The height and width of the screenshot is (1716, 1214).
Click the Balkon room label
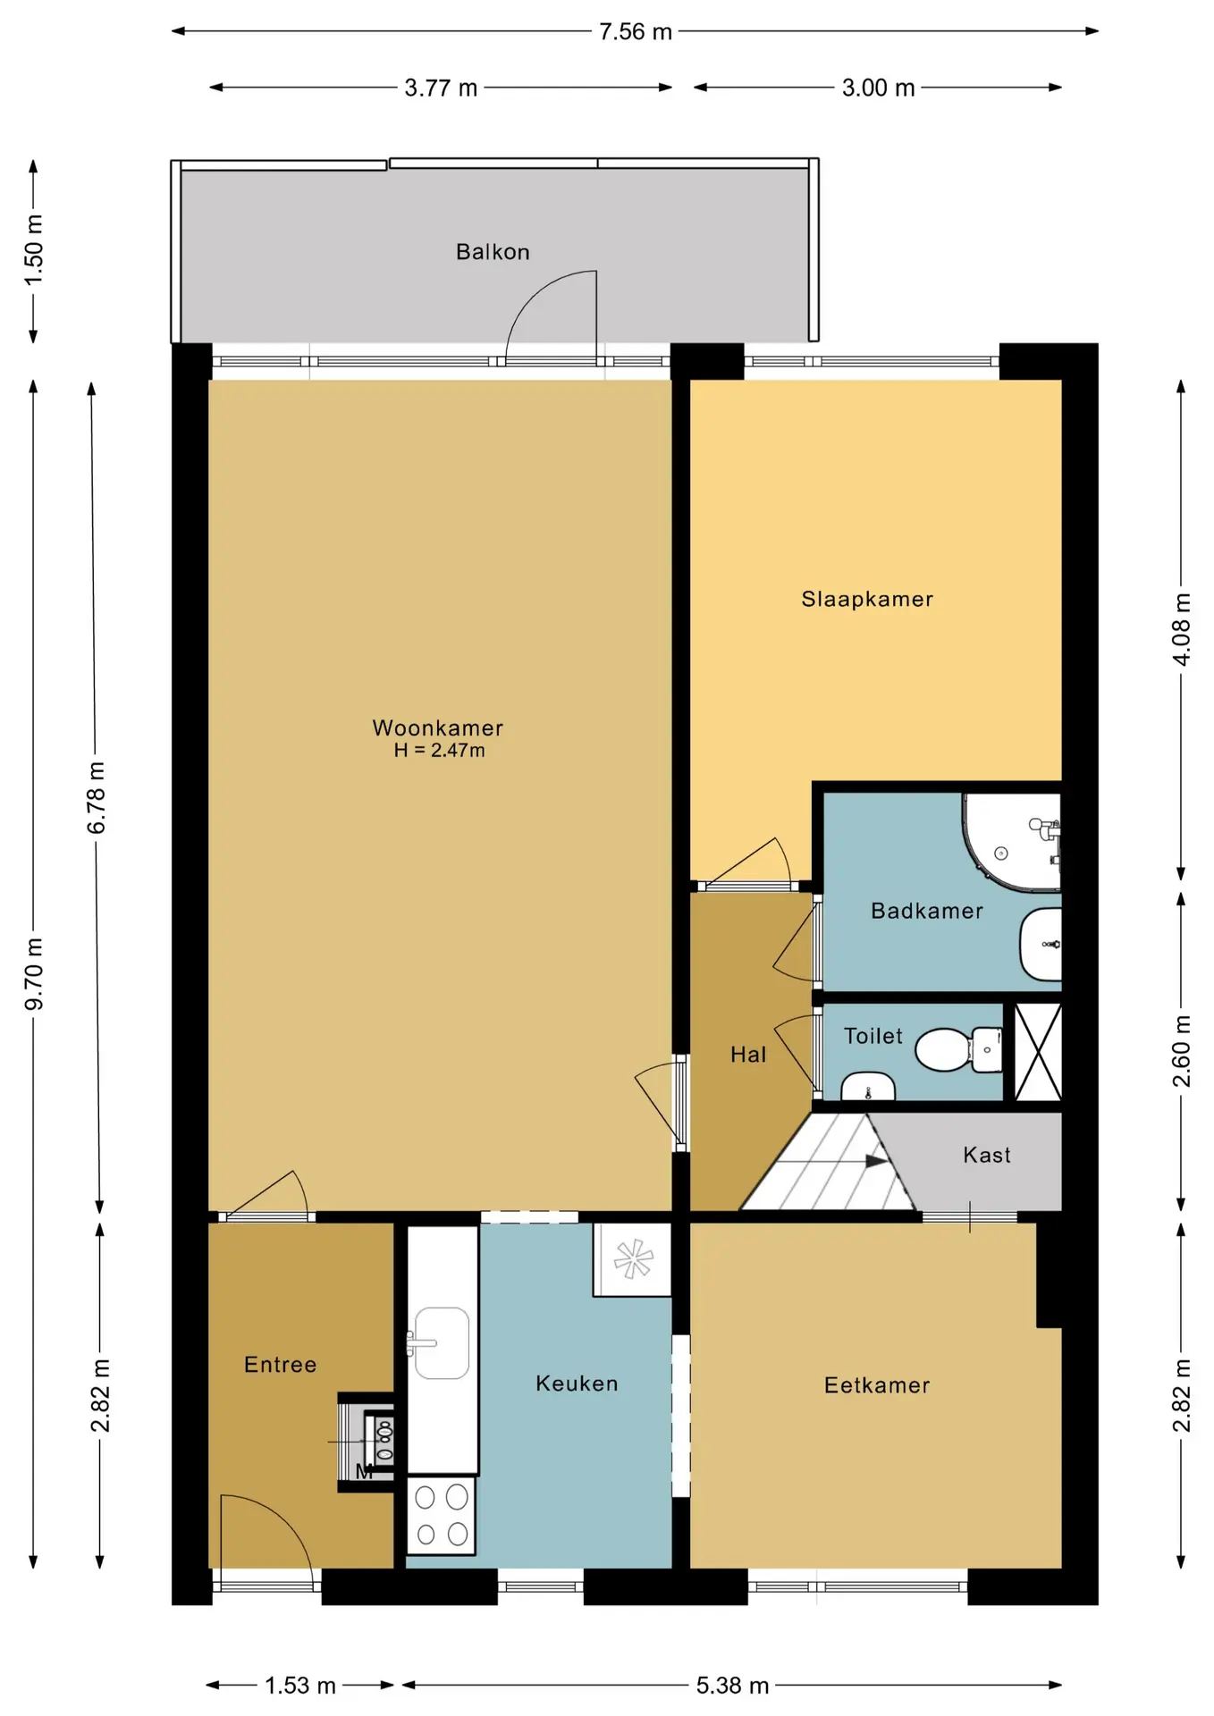coord(493,252)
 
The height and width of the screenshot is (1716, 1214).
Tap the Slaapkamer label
coord(867,599)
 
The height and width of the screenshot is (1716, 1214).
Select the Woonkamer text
coord(438,728)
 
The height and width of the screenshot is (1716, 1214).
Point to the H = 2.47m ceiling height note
coord(440,751)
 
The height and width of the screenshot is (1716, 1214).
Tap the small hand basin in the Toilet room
coord(868,1087)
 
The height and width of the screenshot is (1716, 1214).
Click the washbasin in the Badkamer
coord(1041,944)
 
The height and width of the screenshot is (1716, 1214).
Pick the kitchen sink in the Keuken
coord(441,1343)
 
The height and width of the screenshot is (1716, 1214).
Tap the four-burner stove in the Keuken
coord(442,1515)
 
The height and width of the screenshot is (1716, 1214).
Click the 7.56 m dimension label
coord(636,32)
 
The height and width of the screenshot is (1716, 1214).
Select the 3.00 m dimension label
coord(879,88)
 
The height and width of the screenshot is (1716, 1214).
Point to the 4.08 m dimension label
coord(1182,629)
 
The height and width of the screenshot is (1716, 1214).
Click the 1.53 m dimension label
coord(300,1686)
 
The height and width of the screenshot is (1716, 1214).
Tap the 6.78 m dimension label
coord(97,798)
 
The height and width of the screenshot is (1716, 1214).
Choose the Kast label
coord(987,1155)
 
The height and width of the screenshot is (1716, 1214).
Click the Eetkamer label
coord(877,1385)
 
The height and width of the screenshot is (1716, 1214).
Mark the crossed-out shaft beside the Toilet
coord(1038,1051)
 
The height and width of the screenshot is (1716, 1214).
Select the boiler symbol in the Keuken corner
coord(633,1259)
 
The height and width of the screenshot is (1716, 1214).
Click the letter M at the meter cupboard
coord(364,1471)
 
